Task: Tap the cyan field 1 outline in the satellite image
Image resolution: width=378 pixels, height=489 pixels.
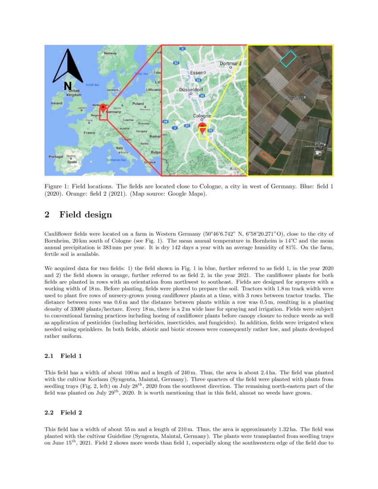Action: click(x=288, y=58)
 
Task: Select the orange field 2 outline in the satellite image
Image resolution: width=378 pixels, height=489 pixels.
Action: click(x=267, y=156)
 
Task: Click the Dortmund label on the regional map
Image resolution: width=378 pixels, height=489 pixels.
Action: click(x=230, y=64)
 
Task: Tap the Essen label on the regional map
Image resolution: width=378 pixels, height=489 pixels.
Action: click(x=196, y=72)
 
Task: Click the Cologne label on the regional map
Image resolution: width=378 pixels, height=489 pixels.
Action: click(x=201, y=116)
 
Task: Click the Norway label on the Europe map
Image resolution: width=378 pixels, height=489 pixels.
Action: click(x=110, y=53)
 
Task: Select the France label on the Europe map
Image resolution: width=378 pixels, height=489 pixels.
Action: click(x=89, y=132)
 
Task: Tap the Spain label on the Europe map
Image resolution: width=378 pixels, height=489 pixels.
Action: click(x=72, y=162)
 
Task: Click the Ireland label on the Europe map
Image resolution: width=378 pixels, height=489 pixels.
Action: click(x=56, y=103)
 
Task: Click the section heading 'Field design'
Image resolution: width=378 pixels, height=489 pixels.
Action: click(x=85, y=215)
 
